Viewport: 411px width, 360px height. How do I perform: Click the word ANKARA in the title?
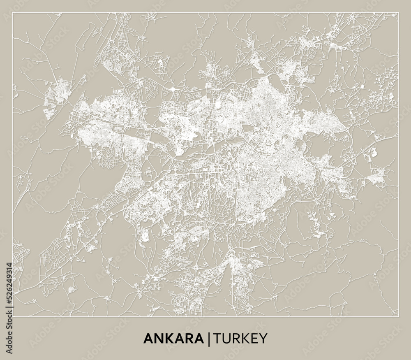173,339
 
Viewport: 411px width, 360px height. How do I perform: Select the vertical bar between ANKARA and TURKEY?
209,339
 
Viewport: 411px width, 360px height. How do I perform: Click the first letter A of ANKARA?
148,339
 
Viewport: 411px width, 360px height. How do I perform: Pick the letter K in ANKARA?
168,339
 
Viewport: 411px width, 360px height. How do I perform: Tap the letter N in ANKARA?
158,339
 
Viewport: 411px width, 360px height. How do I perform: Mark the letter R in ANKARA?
188,339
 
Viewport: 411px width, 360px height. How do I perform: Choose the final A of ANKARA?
199,339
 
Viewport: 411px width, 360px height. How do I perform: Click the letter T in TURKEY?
217,339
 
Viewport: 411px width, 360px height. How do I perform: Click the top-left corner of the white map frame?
13,13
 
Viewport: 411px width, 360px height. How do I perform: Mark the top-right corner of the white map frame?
398,13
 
